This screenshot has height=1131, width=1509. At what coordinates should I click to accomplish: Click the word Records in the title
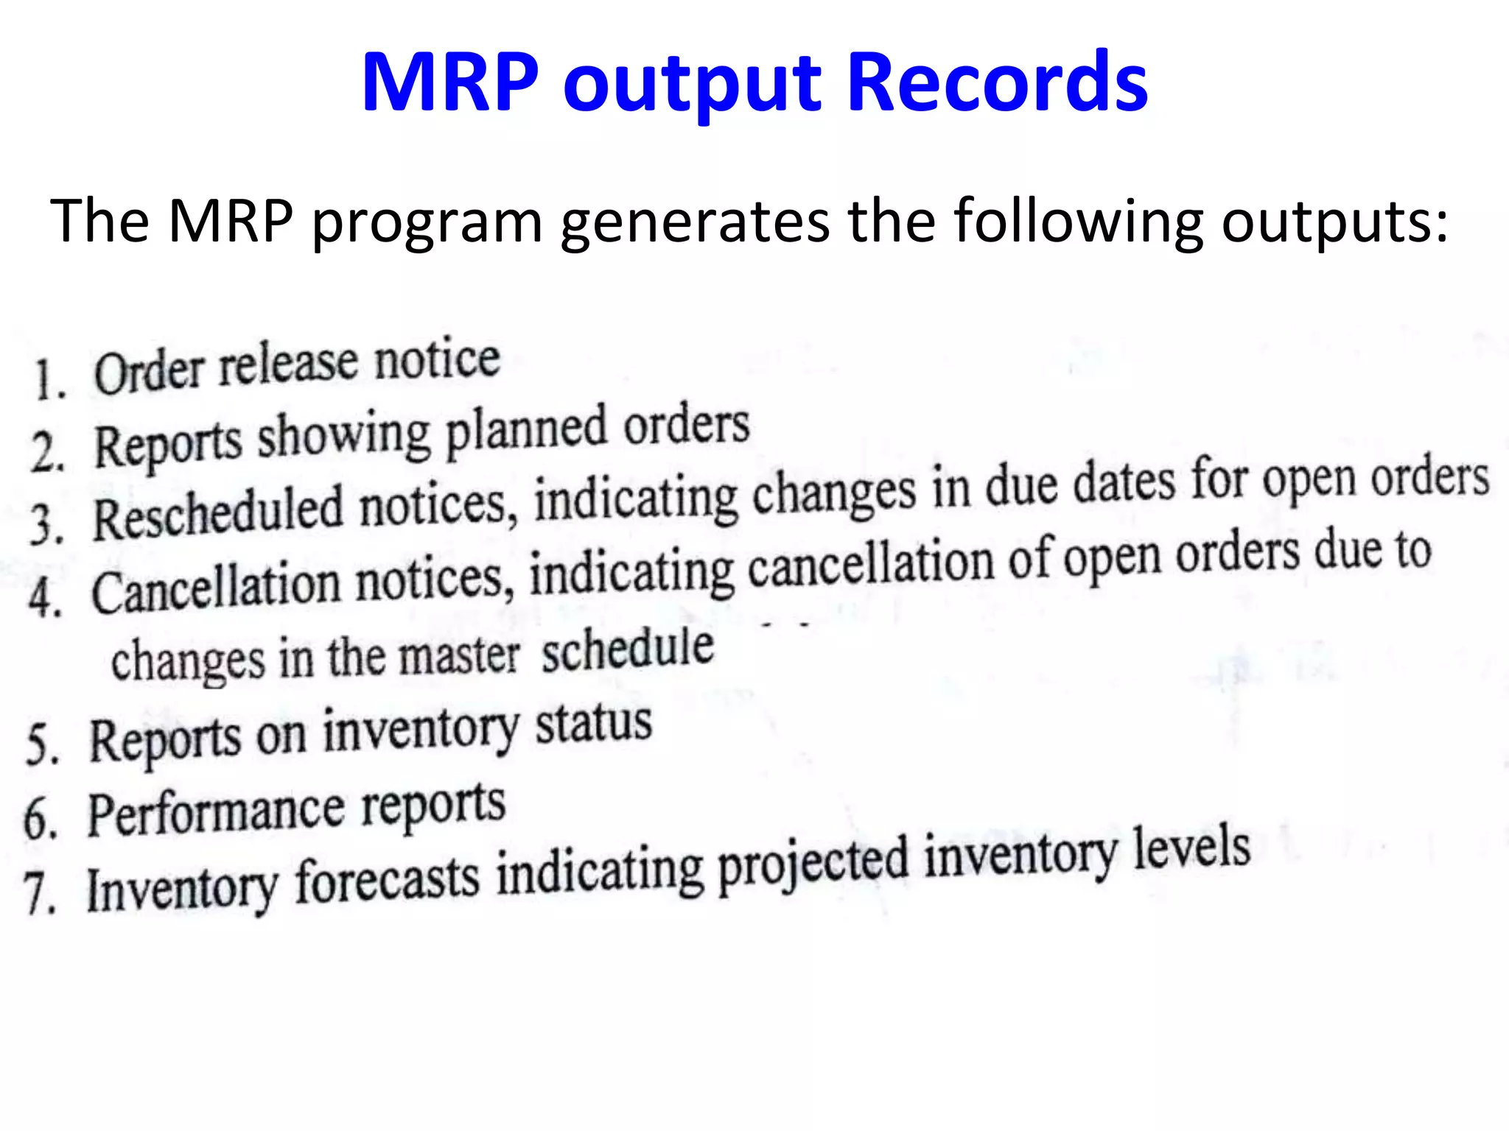pos(998,82)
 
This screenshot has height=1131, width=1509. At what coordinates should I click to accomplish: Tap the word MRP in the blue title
pos(450,82)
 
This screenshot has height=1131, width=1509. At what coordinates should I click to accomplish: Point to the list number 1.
pos(49,380)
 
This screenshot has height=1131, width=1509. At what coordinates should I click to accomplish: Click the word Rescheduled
pos(218,512)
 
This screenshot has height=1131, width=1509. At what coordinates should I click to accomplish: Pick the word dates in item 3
pos(1124,482)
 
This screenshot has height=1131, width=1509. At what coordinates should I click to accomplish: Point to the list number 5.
pos(42,744)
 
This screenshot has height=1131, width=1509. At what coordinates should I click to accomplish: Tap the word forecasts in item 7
pos(387,879)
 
